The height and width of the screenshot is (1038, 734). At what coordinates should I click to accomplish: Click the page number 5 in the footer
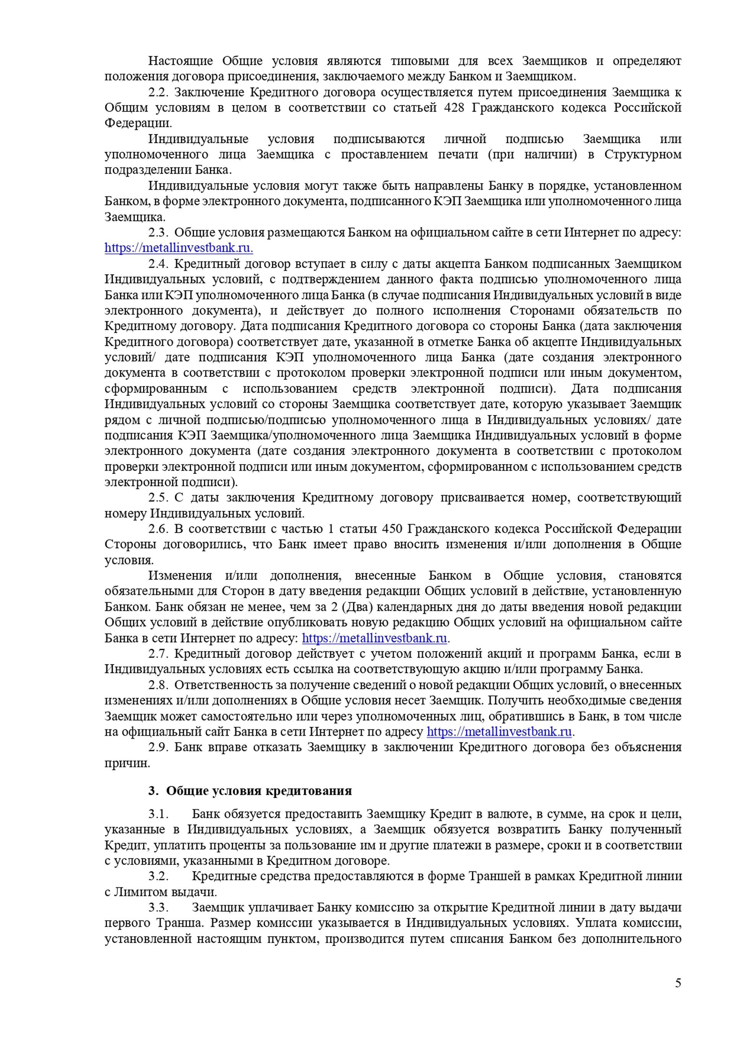[678, 983]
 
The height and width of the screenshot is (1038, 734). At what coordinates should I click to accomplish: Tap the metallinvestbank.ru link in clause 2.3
[179, 248]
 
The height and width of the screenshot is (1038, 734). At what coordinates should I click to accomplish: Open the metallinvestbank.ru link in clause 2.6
[374, 638]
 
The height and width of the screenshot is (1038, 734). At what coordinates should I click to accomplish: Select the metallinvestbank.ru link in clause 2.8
[499, 731]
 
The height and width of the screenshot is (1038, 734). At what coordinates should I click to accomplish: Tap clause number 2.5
[158, 497]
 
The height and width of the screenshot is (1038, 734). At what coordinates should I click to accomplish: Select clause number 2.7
[158, 654]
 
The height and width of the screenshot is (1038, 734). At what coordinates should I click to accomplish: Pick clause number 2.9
[158, 747]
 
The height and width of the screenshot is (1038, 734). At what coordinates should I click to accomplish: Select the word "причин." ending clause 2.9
[127, 763]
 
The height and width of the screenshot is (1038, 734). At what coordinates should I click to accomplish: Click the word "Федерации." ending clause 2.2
[138, 123]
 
